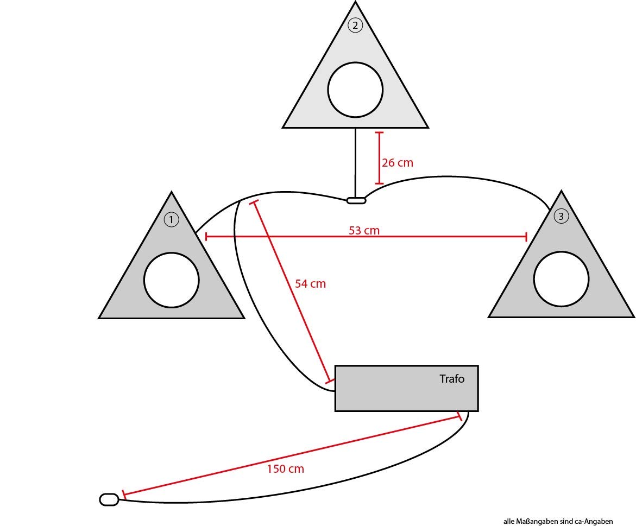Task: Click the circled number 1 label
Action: coord(171,219)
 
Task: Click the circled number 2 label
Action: coord(355,25)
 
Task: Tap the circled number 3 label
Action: coord(561,216)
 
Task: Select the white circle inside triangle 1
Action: coord(171,280)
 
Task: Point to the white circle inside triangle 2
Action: coord(355,90)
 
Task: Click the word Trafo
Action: coord(452,378)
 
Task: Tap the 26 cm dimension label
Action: coord(398,162)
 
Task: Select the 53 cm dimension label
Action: coord(364,231)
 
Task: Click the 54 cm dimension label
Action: coord(310,283)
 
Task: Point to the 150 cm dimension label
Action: coord(285,468)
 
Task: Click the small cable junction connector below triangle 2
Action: coord(356,201)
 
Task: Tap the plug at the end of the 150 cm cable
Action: coord(109,499)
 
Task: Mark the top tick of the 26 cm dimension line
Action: coord(379,132)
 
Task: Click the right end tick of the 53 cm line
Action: coord(526,237)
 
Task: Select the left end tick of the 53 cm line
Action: coord(206,237)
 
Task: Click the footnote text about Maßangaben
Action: coord(558,521)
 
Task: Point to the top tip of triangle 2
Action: coord(355,3)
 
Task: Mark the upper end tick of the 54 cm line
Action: coord(253,202)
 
